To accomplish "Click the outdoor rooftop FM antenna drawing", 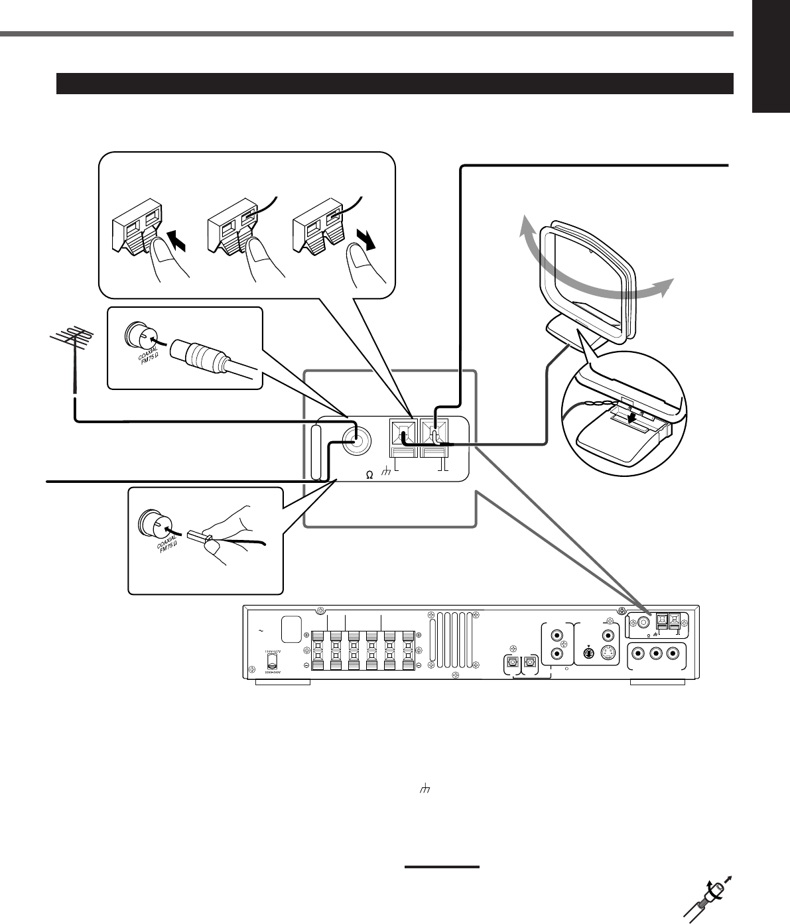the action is pyautogui.click(x=70, y=352).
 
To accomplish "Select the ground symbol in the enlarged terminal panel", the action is pyautogui.click(x=389, y=474).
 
